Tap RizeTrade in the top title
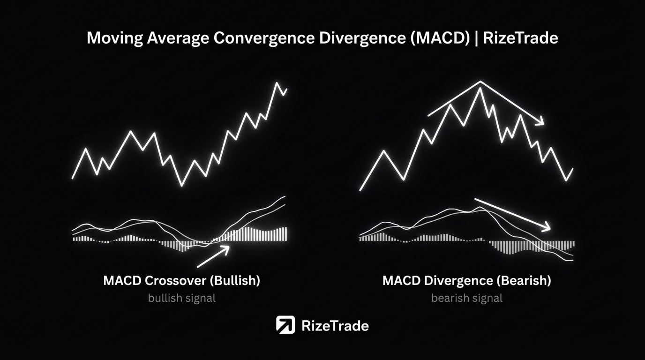point(521,38)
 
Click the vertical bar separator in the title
point(477,38)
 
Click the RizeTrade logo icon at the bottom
point(285,324)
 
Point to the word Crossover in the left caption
point(175,280)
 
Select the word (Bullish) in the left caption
point(235,280)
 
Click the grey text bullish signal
point(182,298)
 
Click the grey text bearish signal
point(467,298)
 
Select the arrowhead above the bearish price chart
point(540,121)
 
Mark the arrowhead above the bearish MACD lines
point(547,227)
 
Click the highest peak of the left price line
point(277,83)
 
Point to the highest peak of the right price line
point(480,88)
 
